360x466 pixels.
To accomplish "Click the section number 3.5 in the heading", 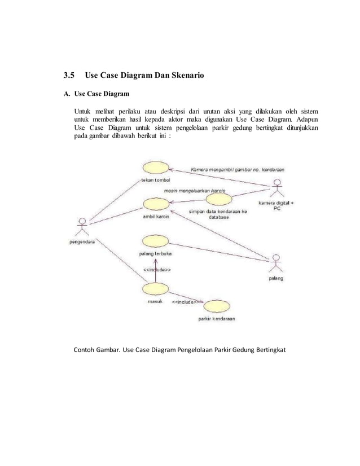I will tap(68, 75).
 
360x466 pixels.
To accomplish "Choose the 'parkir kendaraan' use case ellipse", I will tap(217, 306).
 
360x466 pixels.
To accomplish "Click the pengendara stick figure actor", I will tap(82, 226).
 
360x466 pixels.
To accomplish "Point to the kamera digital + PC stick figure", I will tap(276, 187).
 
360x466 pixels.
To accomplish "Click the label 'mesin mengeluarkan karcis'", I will tap(195, 191).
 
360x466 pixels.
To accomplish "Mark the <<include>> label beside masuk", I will tap(187, 301).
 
